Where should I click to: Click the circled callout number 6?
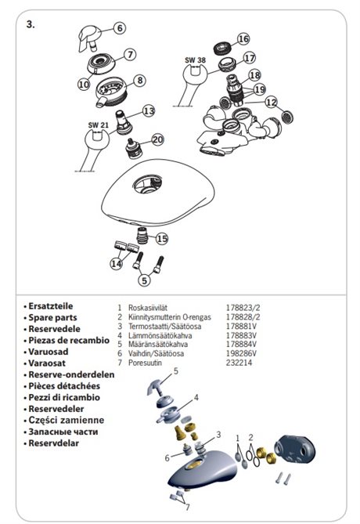click(x=120, y=27)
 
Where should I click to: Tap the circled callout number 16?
click(x=243, y=38)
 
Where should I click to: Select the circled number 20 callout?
click(x=157, y=139)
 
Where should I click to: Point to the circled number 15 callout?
click(x=162, y=239)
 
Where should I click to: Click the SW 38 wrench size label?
click(x=196, y=60)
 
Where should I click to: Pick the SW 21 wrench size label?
click(x=99, y=125)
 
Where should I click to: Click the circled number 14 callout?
click(x=116, y=264)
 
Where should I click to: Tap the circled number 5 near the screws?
click(x=144, y=280)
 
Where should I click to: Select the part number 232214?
click(x=239, y=363)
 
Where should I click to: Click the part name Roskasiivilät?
click(x=148, y=308)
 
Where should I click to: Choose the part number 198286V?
click(x=242, y=353)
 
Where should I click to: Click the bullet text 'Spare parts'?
click(x=52, y=317)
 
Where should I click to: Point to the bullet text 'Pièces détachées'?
click(x=64, y=386)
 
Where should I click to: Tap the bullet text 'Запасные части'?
click(x=63, y=432)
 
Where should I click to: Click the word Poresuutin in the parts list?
click(x=145, y=363)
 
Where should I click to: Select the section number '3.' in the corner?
click(x=31, y=24)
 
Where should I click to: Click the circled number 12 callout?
click(x=272, y=102)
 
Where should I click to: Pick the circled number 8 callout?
click(x=140, y=80)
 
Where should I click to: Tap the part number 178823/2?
click(x=243, y=308)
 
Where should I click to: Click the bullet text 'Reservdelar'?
click(x=53, y=443)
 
